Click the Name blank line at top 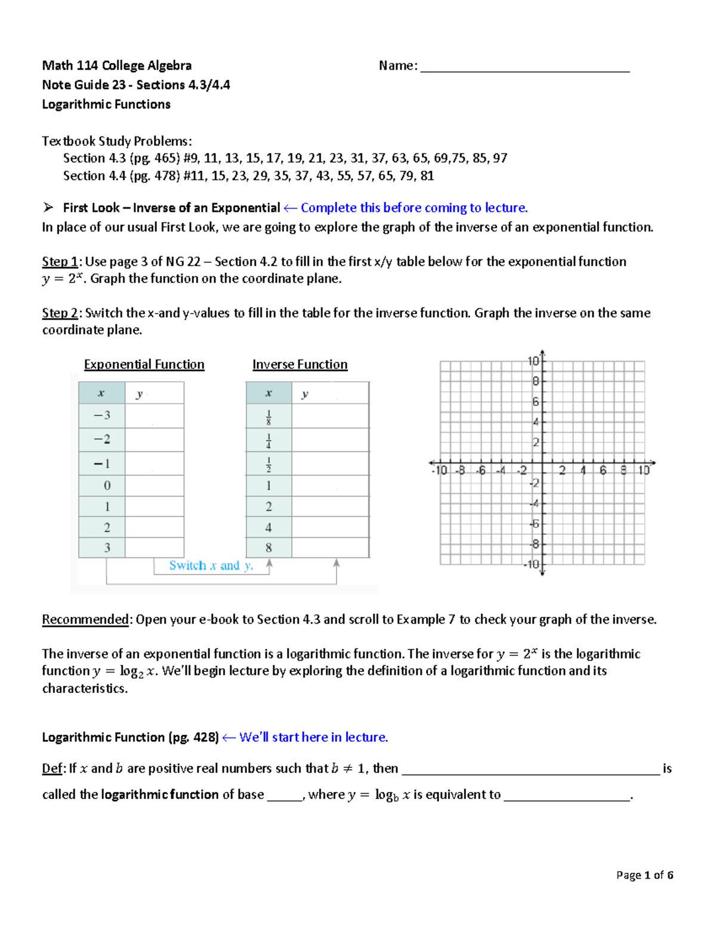point(524,67)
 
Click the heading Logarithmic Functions point(106,104)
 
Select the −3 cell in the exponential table point(101,416)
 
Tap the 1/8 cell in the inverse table point(268,417)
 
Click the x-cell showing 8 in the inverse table point(268,547)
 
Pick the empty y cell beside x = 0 point(155,485)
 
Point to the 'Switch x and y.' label point(211,565)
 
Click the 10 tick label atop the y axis point(533,361)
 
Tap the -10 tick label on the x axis point(439,470)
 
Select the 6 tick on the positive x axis point(603,470)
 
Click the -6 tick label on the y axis point(535,524)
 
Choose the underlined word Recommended point(85,620)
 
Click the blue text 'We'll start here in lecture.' point(313,738)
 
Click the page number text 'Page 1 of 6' point(644,875)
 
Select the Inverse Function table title point(300,364)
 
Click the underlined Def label point(52,769)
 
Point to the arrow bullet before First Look point(48,208)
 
